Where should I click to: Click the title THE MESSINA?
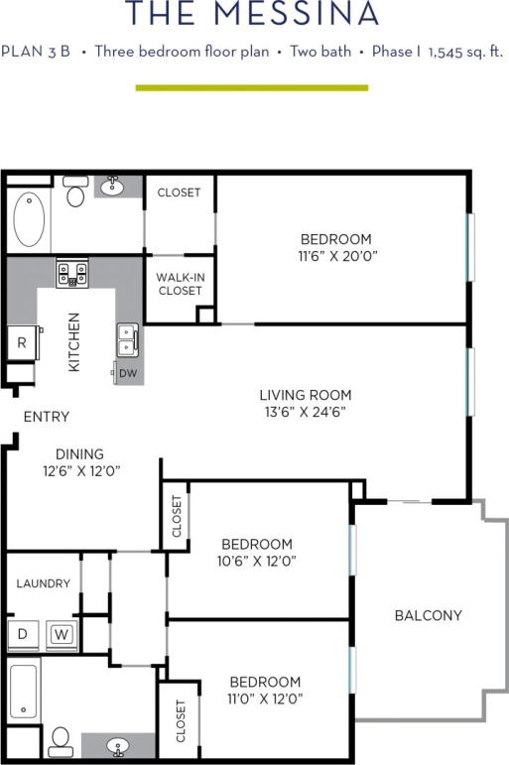tap(253, 15)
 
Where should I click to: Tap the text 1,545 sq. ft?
tap(465, 52)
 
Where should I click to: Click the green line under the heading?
tap(251, 87)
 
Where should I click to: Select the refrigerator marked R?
tap(22, 343)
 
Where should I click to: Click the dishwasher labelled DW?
tap(128, 373)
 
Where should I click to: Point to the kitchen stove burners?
tap(71, 272)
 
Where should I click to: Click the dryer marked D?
tap(22, 634)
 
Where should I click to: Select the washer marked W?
tap(61, 634)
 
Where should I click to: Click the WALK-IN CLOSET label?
tap(180, 284)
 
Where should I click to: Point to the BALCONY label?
tap(429, 615)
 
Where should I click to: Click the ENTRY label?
tap(46, 417)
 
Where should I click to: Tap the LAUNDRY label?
tap(43, 583)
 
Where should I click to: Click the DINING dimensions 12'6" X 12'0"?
tap(81, 471)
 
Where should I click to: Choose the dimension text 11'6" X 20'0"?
tap(335, 256)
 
